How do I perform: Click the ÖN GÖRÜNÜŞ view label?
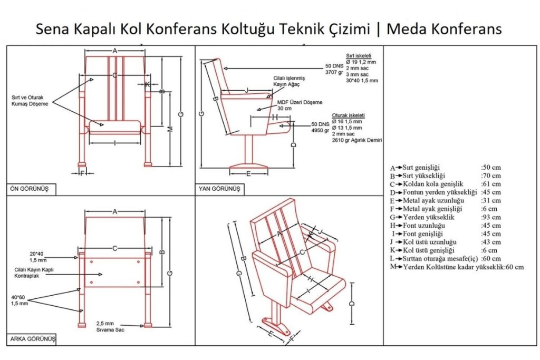pyautogui.click(x=30, y=189)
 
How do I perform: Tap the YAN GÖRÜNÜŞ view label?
pyautogui.click(x=219, y=189)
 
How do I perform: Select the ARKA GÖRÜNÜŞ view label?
pyautogui.click(x=33, y=339)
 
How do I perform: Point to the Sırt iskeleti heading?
pyautogui.click(x=359, y=56)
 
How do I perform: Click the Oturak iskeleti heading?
pyautogui.click(x=348, y=115)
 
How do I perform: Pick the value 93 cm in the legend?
pyautogui.click(x=491, y=217)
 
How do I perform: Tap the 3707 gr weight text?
pyautogui.click(x=334, y=72)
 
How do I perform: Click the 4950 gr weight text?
pyautogui.click(x=320, y=130)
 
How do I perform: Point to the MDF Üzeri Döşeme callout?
pyautogui.click(x=300, y=105)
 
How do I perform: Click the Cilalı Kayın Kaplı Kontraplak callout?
pyautogui.click(x=34, y=273)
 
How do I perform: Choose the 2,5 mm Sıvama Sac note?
pyautogui.click(x=110, y=326)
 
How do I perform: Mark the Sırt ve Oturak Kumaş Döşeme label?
pyautogui.click(x=30, y=101)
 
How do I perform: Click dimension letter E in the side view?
pyautogui.click(x=248, y=174)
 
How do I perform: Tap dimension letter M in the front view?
pyautogui.click(x=170, y=130)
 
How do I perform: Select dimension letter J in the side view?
pyautogui.click(x=247, y=90)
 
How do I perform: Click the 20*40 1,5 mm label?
pyautogui.click(x=37, y=257)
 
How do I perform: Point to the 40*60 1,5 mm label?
pyautogui.click(x=20, y=300)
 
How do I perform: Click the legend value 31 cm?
pyautogui.click(x=491, y=201)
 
